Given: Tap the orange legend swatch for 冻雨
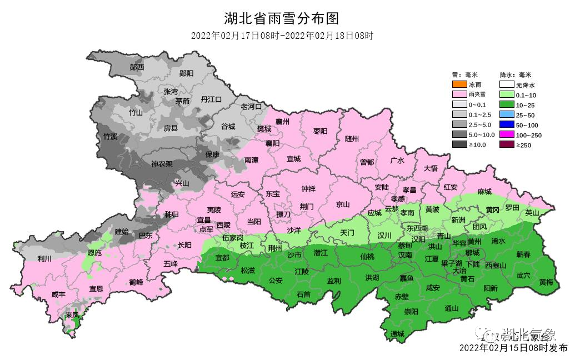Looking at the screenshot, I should (459, 85).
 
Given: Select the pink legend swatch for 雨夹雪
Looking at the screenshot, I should (459, 95).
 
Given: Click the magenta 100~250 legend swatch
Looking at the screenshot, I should (506, 135).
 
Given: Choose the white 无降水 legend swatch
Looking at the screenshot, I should (506, 85).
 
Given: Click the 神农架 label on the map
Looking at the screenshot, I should (162, 164).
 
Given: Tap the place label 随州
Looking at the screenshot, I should (352, 139).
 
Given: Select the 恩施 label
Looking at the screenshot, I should (95, 253).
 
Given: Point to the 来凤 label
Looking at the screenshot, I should (72, 315).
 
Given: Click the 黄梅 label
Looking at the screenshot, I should (546, 282).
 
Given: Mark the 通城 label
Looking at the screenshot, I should (397, 334).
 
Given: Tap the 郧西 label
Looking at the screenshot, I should (137, 67).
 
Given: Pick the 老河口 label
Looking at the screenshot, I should (251, 106).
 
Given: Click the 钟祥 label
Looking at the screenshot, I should (308, 189).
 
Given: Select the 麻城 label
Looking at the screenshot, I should (484, 192).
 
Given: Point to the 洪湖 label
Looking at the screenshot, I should (372, 277).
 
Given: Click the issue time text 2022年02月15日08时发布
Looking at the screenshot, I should (513, 348).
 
